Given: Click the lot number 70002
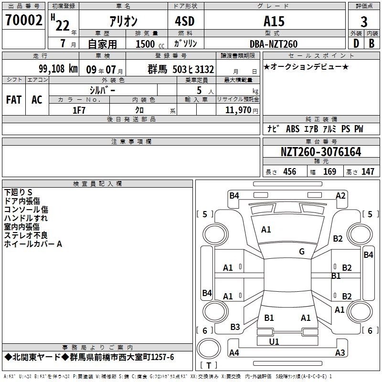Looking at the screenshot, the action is pyautogui.click(x=23, y=20).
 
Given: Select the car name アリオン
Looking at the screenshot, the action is pyautogui.click(x=124, y=21).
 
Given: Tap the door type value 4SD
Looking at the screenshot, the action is pyautogui.click(x=185, y=21).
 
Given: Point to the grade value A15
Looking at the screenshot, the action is pyautogui.click(x=274, y=21).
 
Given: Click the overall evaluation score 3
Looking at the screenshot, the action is pyautogui.click(x=364, y=21).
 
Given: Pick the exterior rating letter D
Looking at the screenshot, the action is pyautogui.click(x=356, y=43).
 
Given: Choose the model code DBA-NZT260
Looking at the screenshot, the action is pyautogui.click(x=274, y=44).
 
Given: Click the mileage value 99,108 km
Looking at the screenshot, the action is pyautogui.click(x=58, y=69).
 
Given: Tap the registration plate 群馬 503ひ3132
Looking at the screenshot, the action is pyautogui.click(x=181, y=69).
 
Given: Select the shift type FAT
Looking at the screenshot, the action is pyautogui.click(x=14, y=100).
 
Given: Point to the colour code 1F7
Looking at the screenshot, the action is pyautogui.click(x=79, y=110).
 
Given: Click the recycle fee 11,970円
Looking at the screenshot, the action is pyautogui.click(x=242, y=110).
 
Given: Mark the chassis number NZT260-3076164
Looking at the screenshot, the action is pyautogui.click(x=321, y=152).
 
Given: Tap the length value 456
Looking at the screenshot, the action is pyautogui.click(x=290, y=171).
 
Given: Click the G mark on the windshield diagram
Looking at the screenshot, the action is pyautogui.click(x=302, y=252).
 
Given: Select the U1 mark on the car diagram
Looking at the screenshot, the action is pyautogui.click(x=274, y=341).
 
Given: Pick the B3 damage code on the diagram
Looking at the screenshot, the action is pyautogui.click(x=235, y=327).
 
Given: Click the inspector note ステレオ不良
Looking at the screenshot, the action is pyautogui.click(x=26, y=235).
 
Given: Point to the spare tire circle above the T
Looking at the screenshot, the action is pyautogui.click(x=209, y=349).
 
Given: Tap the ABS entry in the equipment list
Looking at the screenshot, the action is pyautogui.click(x=293, y=129).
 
